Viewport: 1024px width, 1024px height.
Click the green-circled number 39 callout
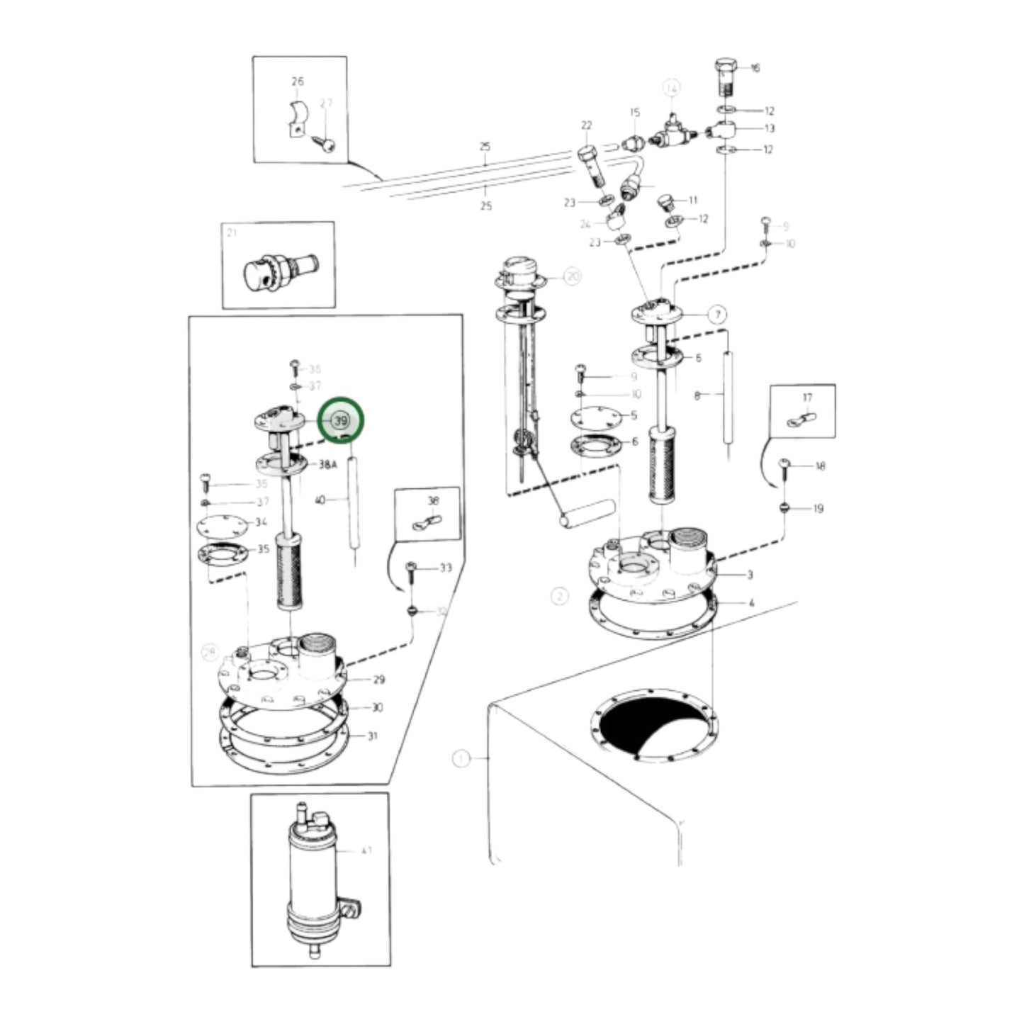click(341, 420)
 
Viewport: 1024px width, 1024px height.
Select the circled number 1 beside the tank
click(461, 759)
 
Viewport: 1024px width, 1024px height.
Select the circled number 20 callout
click(572, 276)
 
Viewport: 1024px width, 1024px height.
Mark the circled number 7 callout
click(718, 313)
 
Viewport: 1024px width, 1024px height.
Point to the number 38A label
click(327, 465)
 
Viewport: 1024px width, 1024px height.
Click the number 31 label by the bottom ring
click(373, 736)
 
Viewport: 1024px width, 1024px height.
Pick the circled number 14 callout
click(670, 88)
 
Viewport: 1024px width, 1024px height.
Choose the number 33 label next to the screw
click(445, 568)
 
